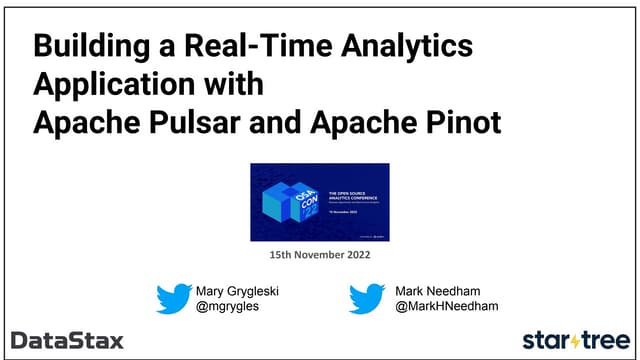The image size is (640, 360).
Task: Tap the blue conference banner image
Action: (319, 201)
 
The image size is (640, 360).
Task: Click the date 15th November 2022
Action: (319, 256)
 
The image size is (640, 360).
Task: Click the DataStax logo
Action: (68, 340)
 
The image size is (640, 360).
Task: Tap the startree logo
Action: (577, 339)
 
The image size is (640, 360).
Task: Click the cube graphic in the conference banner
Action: (287, 201)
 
